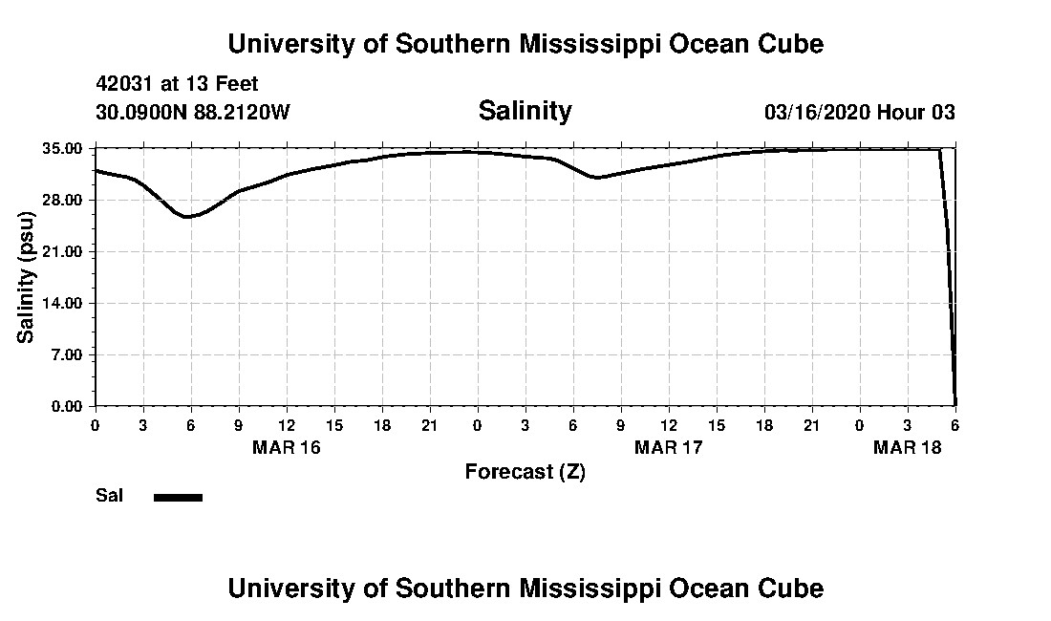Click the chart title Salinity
525,111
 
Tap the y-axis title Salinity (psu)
26,276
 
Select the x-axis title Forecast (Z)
525,471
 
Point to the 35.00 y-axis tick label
66,149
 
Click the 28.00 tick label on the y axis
66,200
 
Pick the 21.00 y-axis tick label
66,251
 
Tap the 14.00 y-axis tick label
66,303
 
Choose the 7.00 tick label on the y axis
70,354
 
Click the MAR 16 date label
287,447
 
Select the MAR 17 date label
669,447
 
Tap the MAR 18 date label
908,447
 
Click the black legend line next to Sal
179,497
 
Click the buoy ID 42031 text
124,85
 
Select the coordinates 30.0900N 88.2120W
192,112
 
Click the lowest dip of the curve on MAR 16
188,217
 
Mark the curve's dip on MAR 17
596,178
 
